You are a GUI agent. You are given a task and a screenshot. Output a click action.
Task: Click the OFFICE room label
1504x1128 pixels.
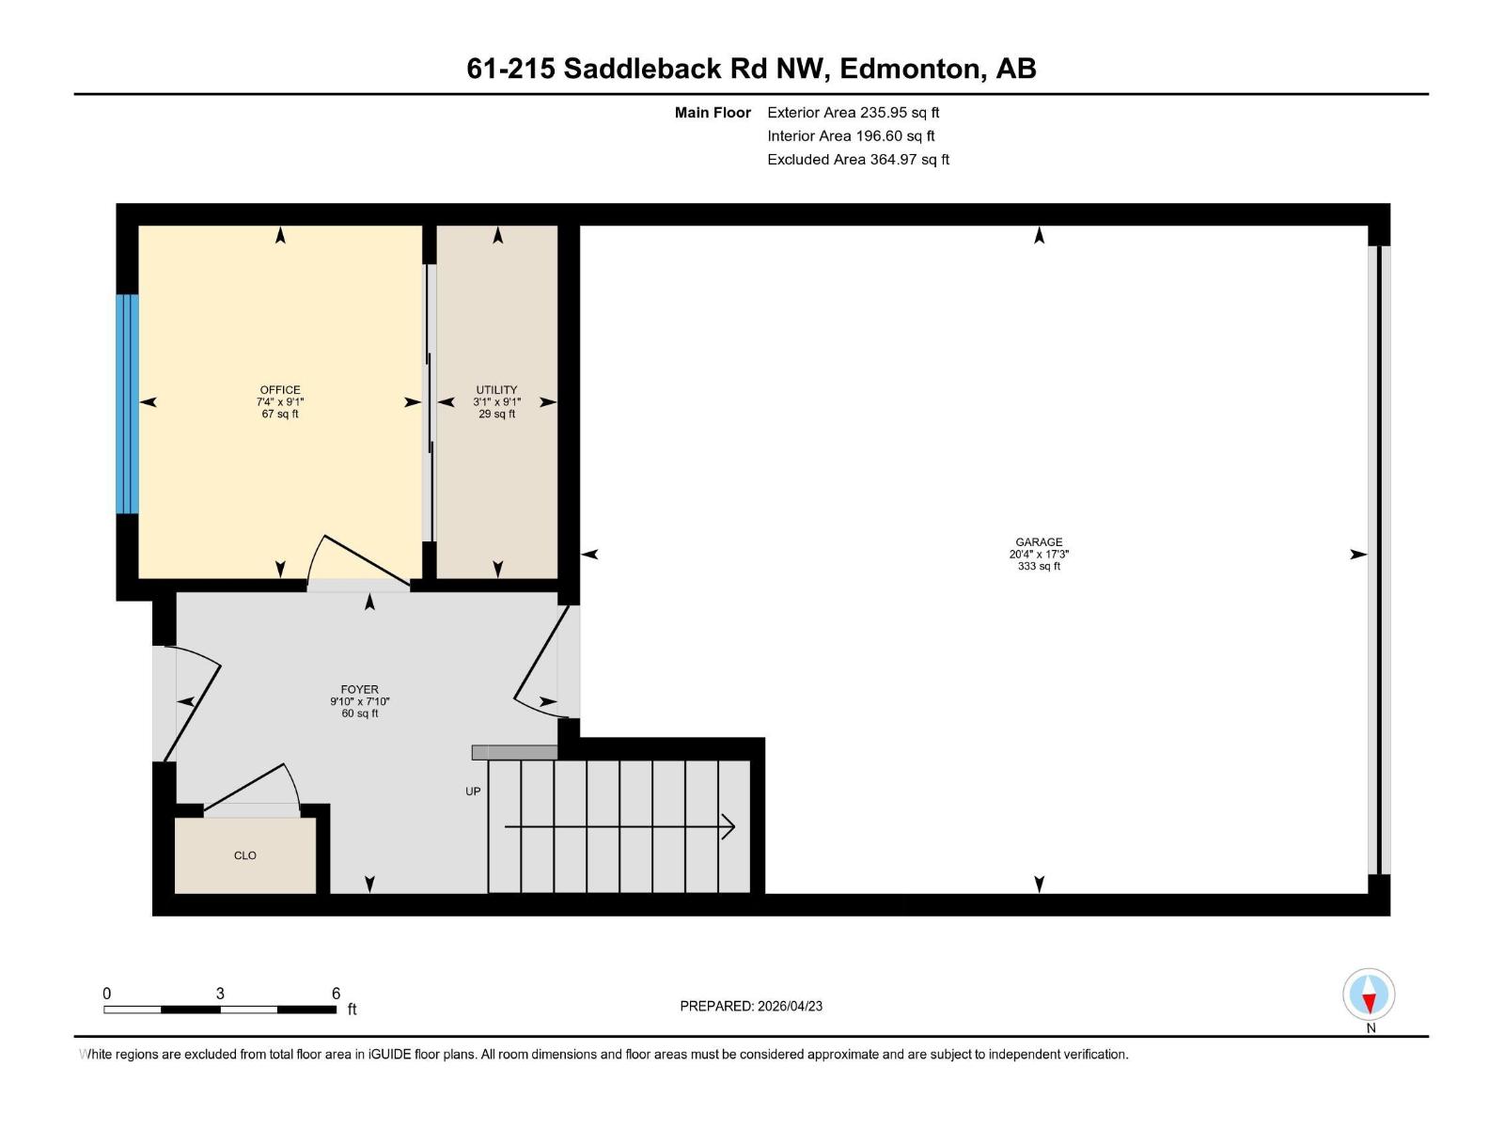280,389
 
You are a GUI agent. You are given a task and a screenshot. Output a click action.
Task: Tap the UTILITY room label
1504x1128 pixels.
496,389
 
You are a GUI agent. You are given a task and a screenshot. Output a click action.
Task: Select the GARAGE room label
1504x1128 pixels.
1039,541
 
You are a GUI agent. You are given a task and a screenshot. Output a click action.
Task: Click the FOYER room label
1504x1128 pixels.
359,689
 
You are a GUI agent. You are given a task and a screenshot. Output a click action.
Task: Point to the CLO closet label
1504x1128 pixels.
244,855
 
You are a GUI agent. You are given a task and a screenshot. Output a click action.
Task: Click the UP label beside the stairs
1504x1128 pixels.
473,791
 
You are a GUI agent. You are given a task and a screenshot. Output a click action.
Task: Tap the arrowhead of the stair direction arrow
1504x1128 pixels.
728,827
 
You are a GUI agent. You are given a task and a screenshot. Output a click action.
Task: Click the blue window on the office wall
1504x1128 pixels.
127,404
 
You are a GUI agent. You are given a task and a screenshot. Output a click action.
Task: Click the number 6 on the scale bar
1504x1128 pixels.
336,994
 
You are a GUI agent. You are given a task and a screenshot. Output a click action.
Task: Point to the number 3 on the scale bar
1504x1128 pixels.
220,994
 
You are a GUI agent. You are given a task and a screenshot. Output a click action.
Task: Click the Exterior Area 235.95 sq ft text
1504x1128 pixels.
853,113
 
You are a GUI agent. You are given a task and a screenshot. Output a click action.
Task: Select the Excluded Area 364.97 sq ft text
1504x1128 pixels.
857,160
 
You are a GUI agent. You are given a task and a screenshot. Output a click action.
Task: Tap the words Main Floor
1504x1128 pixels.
713,113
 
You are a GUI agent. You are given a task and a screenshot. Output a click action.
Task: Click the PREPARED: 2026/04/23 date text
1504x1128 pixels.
751,1006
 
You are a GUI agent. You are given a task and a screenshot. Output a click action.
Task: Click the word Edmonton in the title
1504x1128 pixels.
909,69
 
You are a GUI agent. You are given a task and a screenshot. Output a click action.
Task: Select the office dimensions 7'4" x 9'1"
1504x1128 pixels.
280,402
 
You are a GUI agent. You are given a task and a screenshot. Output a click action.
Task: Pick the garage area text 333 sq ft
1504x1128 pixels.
1039,567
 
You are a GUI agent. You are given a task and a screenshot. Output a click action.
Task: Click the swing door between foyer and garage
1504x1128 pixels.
540,658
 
